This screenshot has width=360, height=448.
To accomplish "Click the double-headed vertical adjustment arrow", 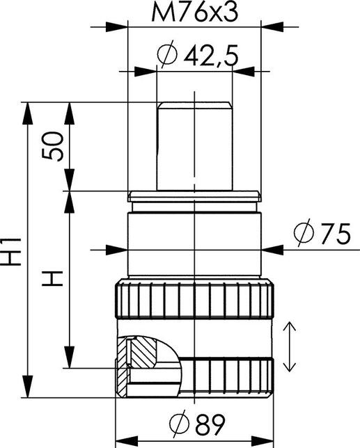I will tap(290, 346).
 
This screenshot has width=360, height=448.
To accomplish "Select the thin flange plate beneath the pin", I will tap(194, 195).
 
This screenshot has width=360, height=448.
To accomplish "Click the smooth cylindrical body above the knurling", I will tap(194, 243).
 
